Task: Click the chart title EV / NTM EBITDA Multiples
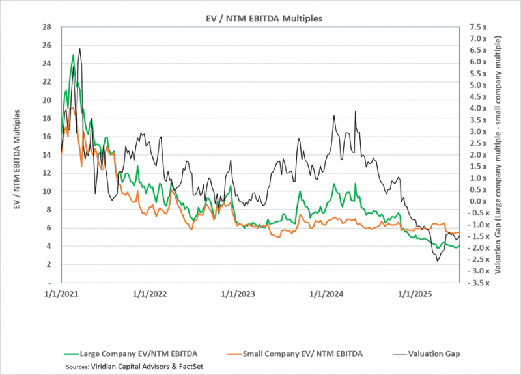point(260,18)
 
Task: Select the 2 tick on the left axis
point(48,264)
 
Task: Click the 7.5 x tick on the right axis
point(477,27)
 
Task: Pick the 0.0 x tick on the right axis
point(477,201)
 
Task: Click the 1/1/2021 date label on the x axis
point(61,294)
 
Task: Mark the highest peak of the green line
point(73,55)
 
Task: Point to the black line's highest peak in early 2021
point(79,48)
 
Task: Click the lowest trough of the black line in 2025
point(438,262)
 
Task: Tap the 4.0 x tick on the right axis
point(477,109)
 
